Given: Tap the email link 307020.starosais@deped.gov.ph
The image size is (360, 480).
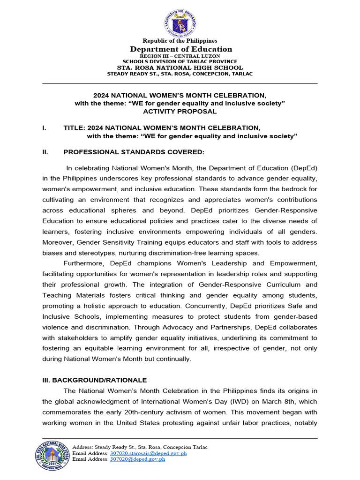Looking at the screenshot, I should coord(148,453).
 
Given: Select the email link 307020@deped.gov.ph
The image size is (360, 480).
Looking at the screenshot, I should coord(137,459).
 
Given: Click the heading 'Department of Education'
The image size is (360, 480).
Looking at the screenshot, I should coord(180,49).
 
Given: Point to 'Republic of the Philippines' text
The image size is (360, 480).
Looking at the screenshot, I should coord(180,41).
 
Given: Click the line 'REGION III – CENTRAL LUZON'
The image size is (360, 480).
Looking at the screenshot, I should coord(180,56).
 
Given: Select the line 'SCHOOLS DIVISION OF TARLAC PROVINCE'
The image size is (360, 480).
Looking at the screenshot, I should coord(180,61).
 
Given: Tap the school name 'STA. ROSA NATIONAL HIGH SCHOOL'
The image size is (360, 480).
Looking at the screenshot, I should coord(180,67).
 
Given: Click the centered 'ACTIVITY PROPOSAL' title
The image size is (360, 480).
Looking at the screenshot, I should coord(180,111).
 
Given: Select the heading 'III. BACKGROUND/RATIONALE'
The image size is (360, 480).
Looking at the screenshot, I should coord(94,380).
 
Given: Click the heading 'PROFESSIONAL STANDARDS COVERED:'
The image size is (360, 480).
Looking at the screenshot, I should coord(134,152).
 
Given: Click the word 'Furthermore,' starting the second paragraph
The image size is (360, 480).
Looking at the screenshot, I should coord(84,263).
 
